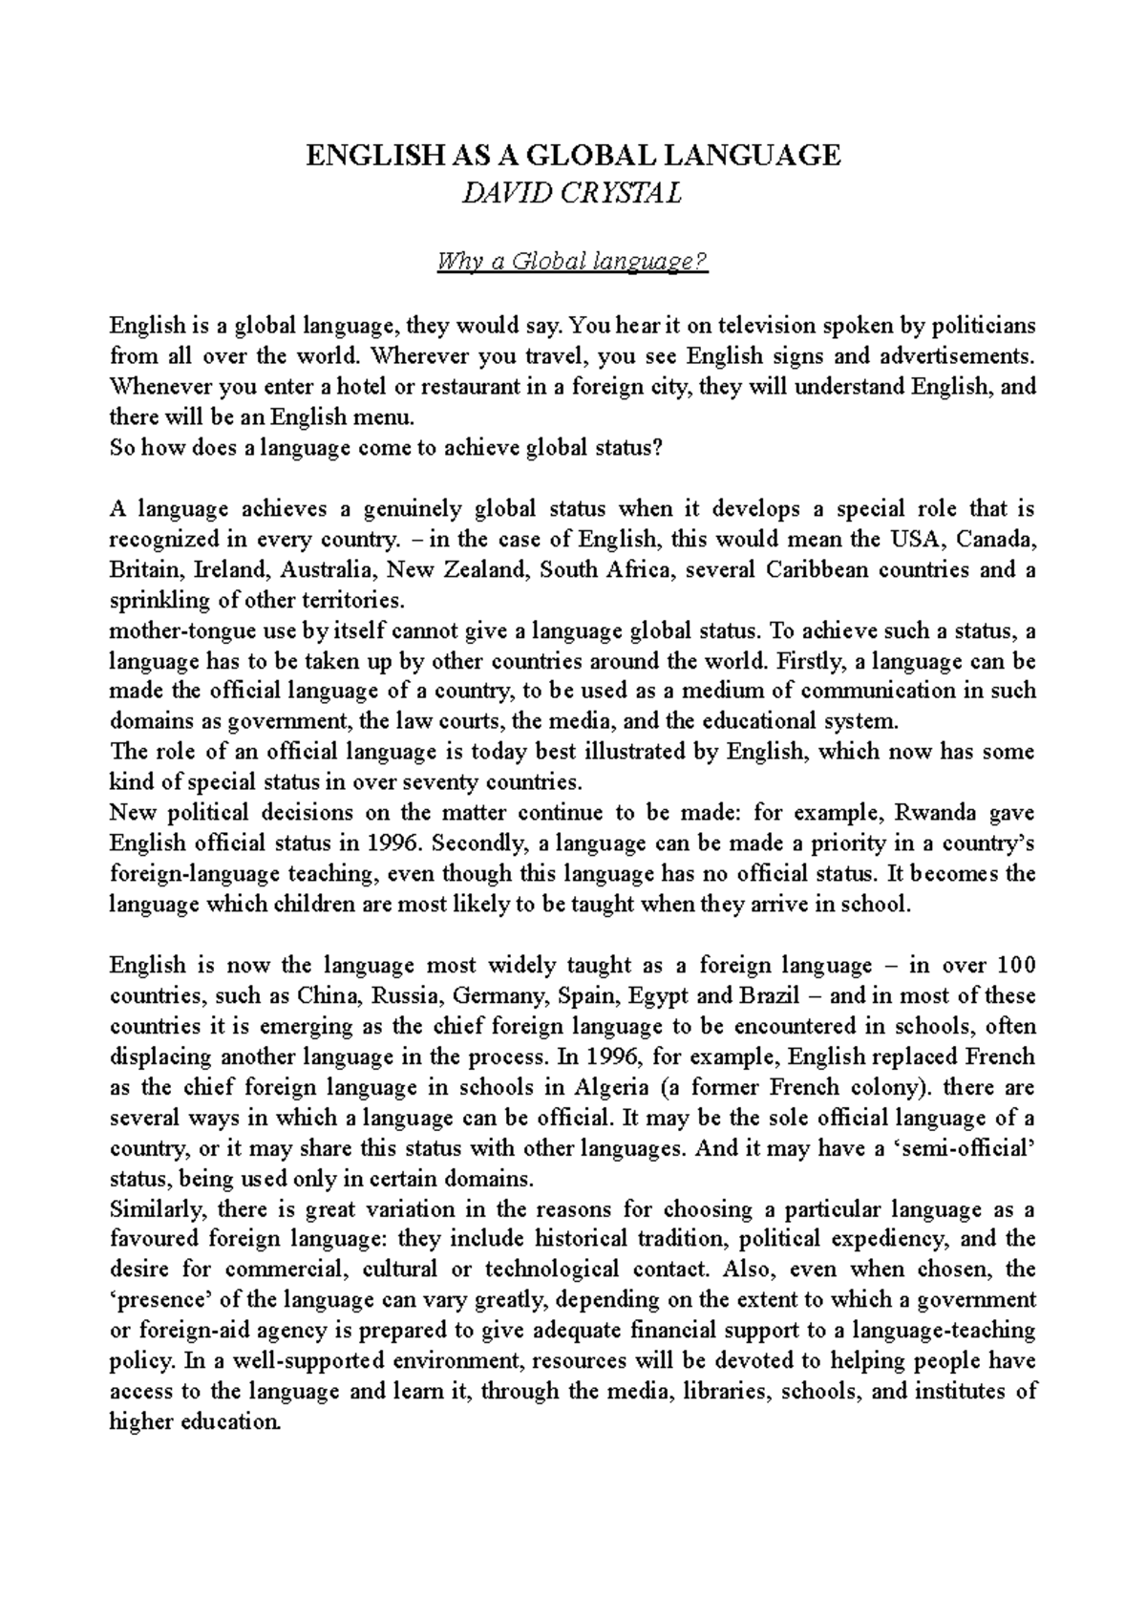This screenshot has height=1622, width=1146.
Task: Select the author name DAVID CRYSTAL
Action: pos(572,194)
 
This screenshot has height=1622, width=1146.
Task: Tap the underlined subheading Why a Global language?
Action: pos(572,261)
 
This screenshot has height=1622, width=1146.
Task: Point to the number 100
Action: pos(1015,965)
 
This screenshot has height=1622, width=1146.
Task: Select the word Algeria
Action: pos(612,1087)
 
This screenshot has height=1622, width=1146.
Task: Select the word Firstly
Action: pos(805,661)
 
